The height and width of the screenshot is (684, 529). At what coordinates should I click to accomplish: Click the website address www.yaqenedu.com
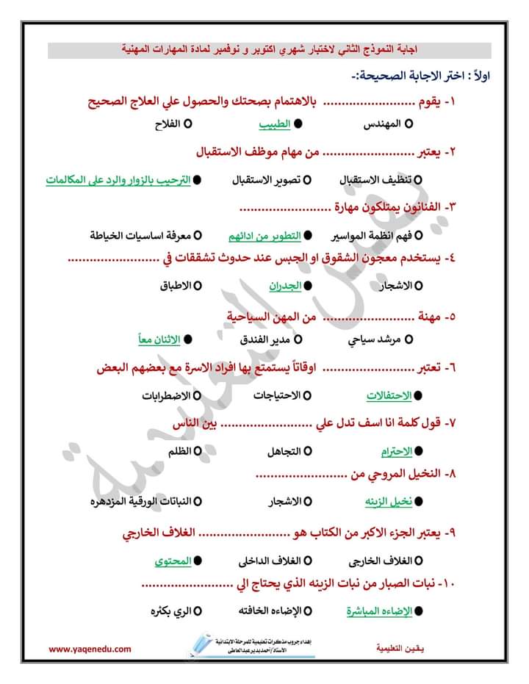click(90, 649)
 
